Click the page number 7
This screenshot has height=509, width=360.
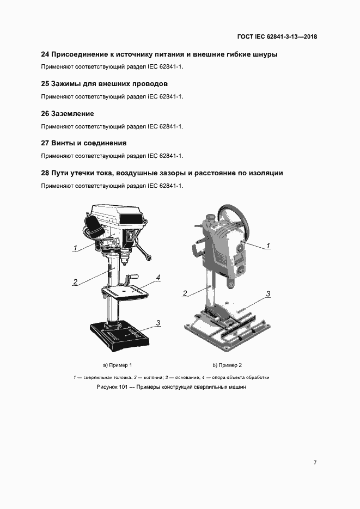pos(315,462)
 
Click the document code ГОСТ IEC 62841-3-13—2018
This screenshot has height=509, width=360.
pos(277,37)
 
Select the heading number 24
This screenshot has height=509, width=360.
pos(46,54)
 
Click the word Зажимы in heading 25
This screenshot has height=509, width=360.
pos(68,84)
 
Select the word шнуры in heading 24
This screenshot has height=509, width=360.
pos(264,54)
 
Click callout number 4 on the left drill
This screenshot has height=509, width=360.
pos(158,278)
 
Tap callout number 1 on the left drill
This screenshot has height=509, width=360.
pos(75,248)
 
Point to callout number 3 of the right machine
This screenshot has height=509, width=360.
pos(268,295)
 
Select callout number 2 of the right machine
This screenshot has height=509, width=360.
pos(185,293)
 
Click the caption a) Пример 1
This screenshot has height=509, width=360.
pos(118,365)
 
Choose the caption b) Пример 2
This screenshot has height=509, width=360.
pos(227,365)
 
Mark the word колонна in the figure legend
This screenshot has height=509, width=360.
pos(150,377)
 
